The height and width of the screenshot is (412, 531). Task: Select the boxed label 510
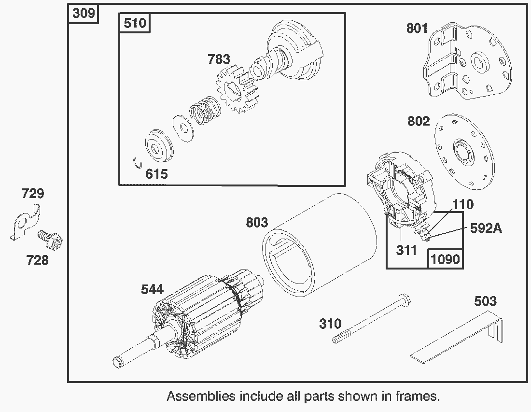pos(135,23)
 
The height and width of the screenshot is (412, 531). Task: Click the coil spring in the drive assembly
pos(205,113)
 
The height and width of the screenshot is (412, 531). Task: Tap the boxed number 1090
pos(445,259)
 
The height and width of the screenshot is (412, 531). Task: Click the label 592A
pos(486,228)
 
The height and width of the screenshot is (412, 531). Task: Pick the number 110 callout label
pos(463,204)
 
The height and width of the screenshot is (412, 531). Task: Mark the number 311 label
pos(406,251)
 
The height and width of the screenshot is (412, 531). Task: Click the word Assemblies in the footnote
pos(201,397)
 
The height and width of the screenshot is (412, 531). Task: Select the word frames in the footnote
pos(418,397)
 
